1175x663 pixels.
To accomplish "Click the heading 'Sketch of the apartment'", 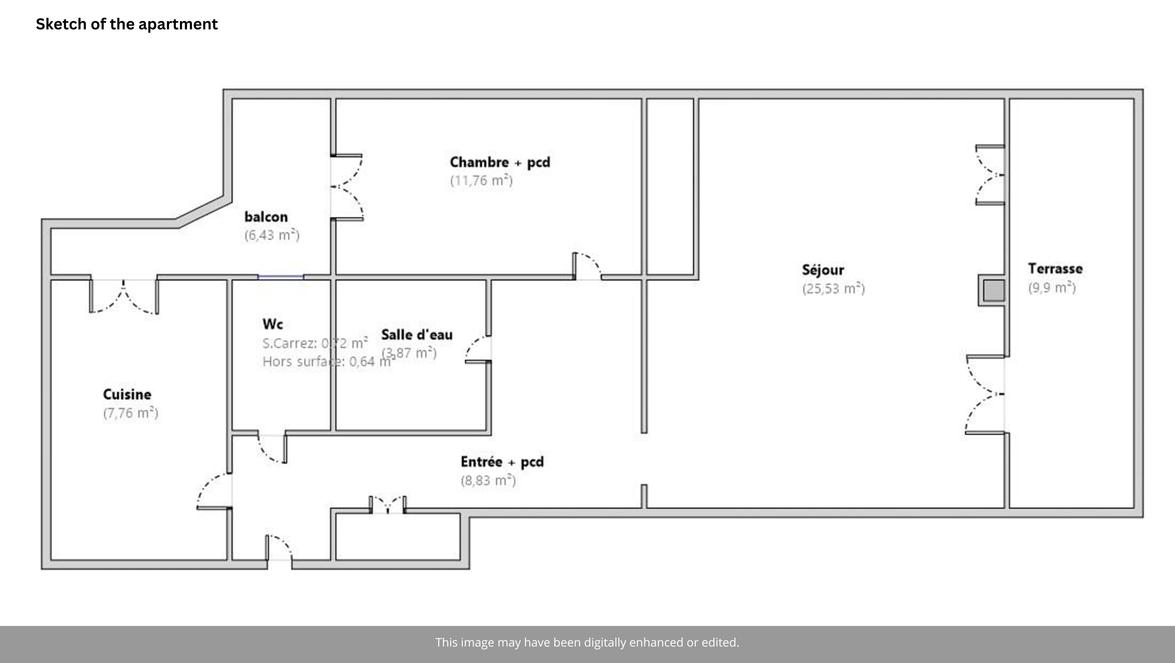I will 127,24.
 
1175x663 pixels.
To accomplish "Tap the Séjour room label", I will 823,270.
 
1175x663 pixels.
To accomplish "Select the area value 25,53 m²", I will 833,288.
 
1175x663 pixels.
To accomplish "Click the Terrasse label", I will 1055,269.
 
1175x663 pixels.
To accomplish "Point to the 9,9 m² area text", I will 1051,287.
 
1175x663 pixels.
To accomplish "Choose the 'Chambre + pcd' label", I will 500,162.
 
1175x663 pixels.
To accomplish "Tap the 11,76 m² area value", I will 481,181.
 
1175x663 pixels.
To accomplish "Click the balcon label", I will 266,217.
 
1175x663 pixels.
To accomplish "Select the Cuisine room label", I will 127,394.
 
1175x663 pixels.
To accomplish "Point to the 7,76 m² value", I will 130,413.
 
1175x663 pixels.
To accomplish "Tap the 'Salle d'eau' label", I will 417,335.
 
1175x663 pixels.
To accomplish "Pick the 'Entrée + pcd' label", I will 502,462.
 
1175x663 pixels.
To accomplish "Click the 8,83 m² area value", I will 488,480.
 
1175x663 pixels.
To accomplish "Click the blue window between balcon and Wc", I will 281,277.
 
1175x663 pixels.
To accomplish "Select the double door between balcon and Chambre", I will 347,187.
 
